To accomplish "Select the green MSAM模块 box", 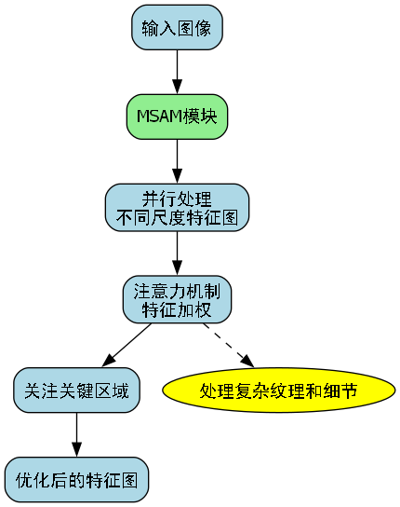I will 177,116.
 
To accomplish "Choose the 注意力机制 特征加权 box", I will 177,298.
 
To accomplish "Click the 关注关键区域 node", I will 76,390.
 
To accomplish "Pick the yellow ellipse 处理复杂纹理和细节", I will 278,390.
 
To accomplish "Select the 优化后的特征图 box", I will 76,480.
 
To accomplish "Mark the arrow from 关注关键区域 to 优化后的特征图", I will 76,433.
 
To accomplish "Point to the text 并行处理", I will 177,199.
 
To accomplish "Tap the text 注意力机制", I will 177,290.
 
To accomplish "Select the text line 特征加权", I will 177,308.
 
